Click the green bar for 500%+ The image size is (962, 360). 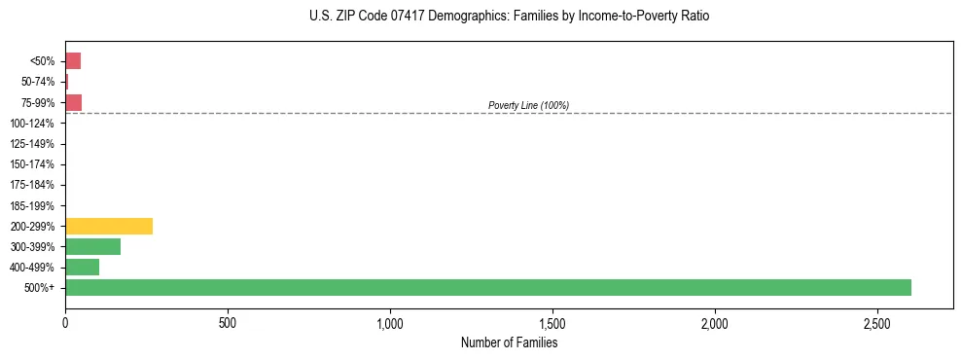click(487, 287)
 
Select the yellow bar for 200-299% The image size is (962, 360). click(109, 226)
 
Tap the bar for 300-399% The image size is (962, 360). click(92, 246)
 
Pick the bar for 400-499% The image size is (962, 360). click(82, 267)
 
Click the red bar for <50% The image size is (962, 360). click(73, 60)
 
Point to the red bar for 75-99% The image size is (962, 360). click(73, 102)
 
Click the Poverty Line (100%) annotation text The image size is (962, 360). click(528, 105)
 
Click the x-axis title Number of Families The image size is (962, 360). click(509, 342)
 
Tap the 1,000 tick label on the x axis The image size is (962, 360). click(389, 322)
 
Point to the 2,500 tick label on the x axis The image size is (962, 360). click(876, 322)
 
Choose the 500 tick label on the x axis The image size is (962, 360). click(228, 322)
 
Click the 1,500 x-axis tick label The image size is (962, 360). click(552, 322)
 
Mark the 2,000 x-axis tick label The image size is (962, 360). click(714, 322)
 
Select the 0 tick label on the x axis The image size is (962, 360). click(65, 322)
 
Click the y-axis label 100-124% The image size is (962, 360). click(32, 124)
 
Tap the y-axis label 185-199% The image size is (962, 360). click(32, 205)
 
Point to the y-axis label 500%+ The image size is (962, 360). click(41, 288)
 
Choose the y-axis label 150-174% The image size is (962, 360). click(32, 164)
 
